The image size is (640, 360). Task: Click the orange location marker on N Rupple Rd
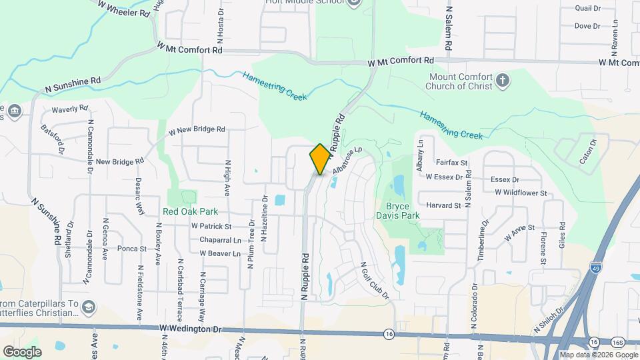click(x=320, y=159)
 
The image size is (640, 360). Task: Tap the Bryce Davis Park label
click(x=403, y=211)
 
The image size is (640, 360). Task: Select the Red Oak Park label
click(x=191, y=211)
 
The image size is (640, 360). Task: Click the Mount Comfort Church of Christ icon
click(x=503, y=82)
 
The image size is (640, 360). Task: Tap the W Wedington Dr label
click(x=190, y=329)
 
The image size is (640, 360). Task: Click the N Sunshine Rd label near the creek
click(x=73, y=83)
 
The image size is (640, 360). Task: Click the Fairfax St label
click(x=452, y=162)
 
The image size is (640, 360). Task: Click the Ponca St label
click(x=131, y=249)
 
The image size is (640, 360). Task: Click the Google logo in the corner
click(x=22, y=351)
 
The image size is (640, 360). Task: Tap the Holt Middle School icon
click(x=354, y=2)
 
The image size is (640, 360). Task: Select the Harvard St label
click(x=443, y=205)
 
